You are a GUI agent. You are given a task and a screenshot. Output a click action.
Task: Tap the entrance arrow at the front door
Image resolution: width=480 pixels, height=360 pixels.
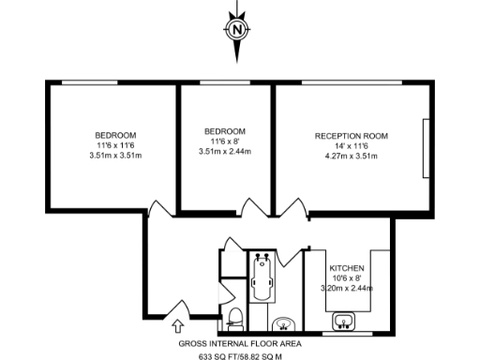178,324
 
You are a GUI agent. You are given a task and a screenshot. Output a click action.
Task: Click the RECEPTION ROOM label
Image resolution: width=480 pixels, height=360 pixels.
352,135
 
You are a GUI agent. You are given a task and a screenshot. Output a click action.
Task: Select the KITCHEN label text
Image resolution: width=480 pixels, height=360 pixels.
347,267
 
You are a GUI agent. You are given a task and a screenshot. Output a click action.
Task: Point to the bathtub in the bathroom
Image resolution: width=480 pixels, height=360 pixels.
263,276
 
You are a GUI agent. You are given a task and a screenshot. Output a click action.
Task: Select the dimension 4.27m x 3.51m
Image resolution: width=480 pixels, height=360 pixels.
352,157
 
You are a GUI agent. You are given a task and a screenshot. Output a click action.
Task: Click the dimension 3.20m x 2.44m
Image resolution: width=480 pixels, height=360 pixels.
347,290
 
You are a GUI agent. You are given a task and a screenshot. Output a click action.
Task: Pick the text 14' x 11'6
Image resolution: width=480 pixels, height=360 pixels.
352,146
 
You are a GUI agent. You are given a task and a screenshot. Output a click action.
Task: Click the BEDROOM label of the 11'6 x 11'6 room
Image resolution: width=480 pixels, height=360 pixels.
116,134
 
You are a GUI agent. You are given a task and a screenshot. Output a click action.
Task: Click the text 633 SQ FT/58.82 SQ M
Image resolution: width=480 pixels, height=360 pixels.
240,355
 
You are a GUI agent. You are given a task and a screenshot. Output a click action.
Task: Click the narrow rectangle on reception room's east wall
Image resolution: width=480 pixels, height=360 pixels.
427,150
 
